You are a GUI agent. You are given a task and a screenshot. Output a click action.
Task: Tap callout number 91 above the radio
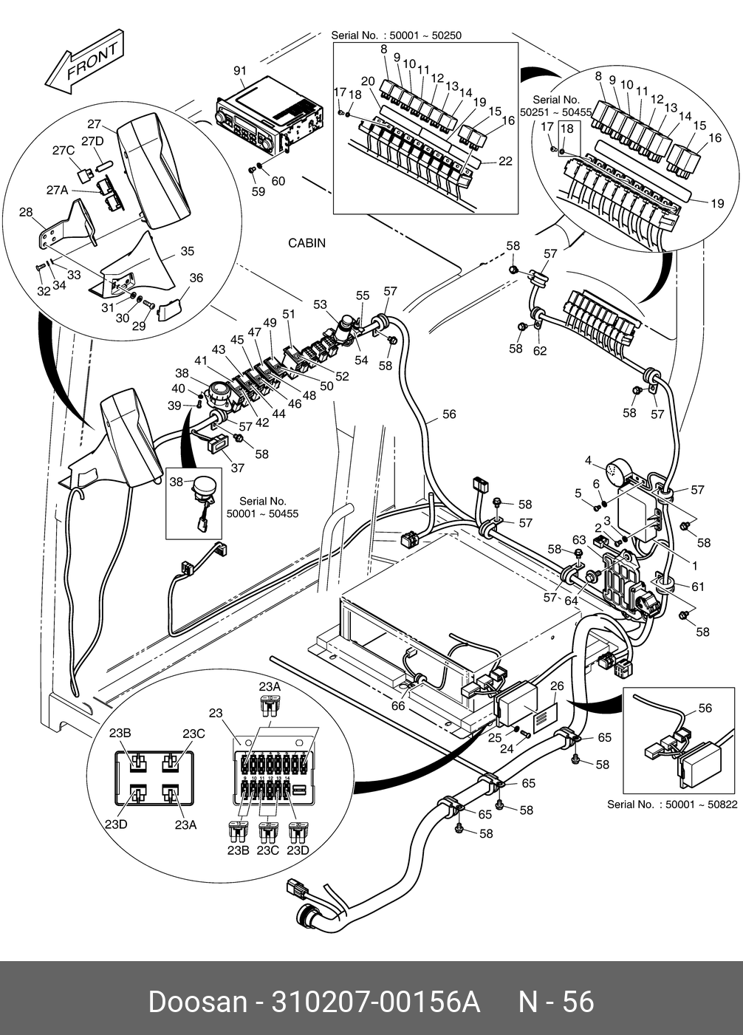point(239,71)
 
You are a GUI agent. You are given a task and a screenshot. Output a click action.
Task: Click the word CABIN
point(307,243)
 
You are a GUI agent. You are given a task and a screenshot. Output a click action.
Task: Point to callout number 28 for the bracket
point(26,213)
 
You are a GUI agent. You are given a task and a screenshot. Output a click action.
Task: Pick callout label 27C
point(64,151)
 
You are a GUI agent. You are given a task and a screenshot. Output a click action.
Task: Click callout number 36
point(196,279)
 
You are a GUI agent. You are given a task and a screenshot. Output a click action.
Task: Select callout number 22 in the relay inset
point(505,162)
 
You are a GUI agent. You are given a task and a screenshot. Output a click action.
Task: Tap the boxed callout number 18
point(567,129)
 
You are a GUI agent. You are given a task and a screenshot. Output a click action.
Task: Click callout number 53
point(320,304)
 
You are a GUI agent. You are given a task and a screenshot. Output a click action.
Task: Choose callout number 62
point(540,351)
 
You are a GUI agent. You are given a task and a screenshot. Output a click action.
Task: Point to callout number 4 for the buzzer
point(589,461)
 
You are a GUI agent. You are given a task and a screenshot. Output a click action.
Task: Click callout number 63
point(578,540)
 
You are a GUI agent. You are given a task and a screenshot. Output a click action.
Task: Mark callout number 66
point(397,706)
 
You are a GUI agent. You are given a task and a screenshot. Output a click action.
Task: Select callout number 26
point(557,686)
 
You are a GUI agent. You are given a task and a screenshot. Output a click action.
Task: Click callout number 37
point(238,468)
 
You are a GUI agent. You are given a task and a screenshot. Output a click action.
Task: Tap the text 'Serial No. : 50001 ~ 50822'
point(671,805)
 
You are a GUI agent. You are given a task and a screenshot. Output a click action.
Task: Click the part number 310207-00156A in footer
point(376,1002)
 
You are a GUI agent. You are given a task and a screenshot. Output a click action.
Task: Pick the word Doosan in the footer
point(197,1002)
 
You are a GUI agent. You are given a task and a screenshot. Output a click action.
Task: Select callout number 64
point(571,601)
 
